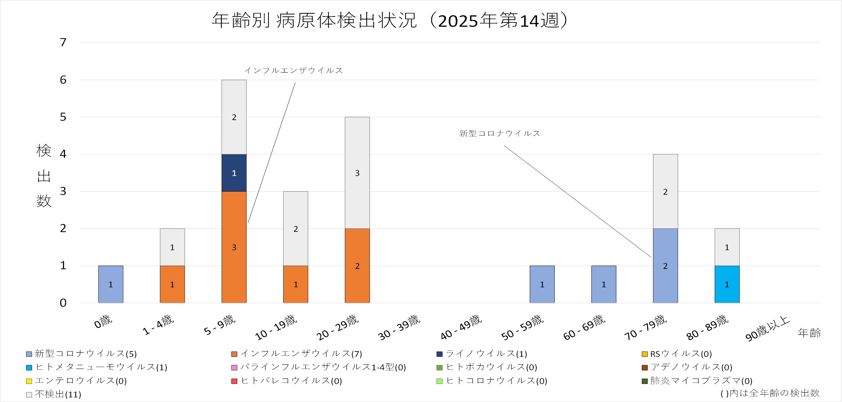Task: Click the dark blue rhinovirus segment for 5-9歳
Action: (x=234, y=173)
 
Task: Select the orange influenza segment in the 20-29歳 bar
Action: (x=357, y=266)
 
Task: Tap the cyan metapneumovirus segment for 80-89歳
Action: (x=727, y=285)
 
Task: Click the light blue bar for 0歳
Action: (x=111, y=285)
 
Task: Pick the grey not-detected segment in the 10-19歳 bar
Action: (x=296, y=229)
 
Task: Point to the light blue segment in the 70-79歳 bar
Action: (x=665, y=266)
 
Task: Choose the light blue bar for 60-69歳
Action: (x=604, y=285)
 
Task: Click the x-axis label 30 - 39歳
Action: (x=399, y=327)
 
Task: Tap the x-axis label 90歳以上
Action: (x=767, y=329)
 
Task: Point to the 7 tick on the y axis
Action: (x=63, y=42)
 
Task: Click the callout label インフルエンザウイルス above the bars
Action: (x=294, y=71)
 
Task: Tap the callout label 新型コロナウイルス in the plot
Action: (x=500, y=133)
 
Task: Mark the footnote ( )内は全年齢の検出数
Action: (x=770, y=393)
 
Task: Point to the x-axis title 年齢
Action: (x=809, y=333)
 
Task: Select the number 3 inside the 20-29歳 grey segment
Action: (x=357, y=173)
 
